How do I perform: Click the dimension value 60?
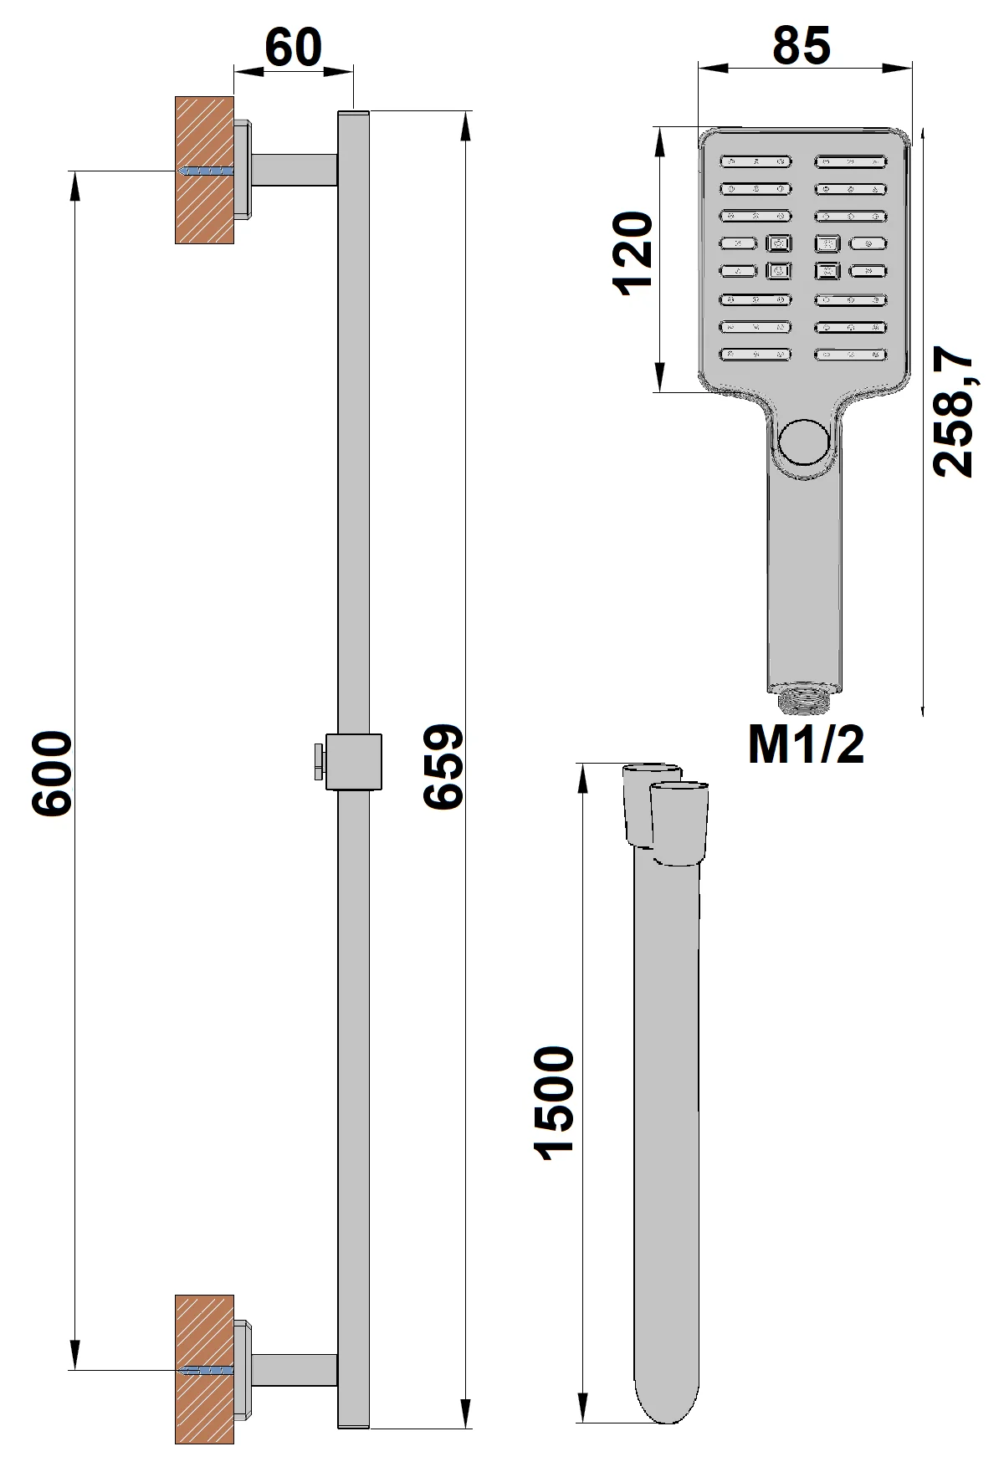tap(293, 48)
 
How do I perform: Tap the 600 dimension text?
tap(52, 774)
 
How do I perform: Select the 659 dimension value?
tap(443, 767)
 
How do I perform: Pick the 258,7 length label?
tap(954, 416)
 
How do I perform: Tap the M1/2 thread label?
tap(806, 744)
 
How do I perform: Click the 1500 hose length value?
tap(554, 1103)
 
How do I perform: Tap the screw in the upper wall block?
tap(207, 171)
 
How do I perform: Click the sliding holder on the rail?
tap(353, 761)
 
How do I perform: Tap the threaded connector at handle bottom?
tap(805, 698)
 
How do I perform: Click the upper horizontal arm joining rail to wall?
tap(295, 170)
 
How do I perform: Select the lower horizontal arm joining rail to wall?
tap(295, 1370)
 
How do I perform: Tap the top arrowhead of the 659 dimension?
tap(464, 124)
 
